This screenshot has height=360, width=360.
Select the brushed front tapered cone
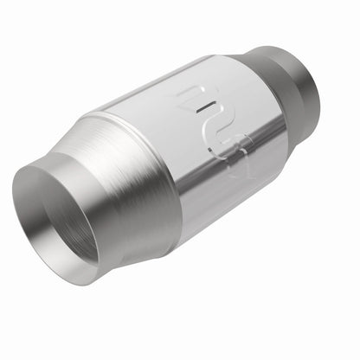(117, 186)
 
